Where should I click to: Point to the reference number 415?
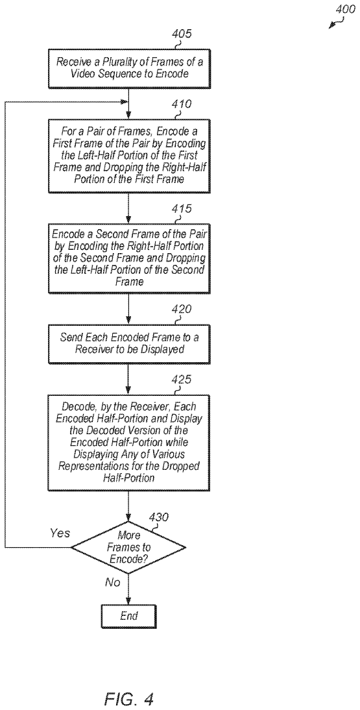pyautogui.click(x=181, y=209)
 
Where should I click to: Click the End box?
pyautogui.click(x=129, y=616)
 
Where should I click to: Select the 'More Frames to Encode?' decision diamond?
pyautogui.click(x=129, y=547)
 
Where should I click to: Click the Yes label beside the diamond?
pyautogui.click(x=60, y=533)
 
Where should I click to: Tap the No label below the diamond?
pyautogui.click(x=113, y=582)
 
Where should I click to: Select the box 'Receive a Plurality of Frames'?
pyautogui.click(x=128, y=68)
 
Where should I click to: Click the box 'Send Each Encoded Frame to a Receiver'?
pyautogui.click(x=128, y=344)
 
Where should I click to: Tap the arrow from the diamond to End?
pyautogui.click(x=129, y=589)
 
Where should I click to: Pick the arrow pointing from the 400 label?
pyautogui.click(x=335, y=23)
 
